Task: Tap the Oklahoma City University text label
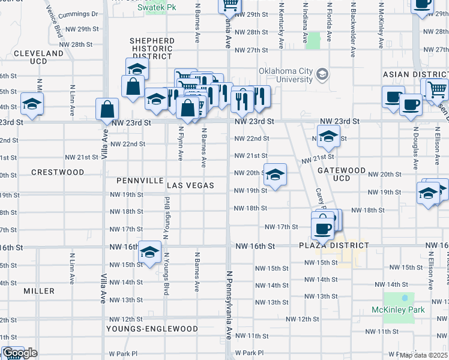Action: (x=286, y=75)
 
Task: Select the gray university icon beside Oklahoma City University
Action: (x=322, y=74)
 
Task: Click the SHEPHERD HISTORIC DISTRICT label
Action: (x=152, y=49)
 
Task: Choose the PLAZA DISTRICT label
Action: (x=334, y=246)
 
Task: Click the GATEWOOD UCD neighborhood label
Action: (x=342, y=174)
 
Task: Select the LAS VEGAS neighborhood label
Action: (x=190, y=185)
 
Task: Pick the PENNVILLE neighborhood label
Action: (x=140, y=180)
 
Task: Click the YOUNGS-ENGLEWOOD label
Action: (x=152, y=329)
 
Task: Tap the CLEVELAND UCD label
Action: (x=38, y=57)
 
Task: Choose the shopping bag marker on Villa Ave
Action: (x=107, y=110)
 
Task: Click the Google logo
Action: (x=19, y=353)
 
